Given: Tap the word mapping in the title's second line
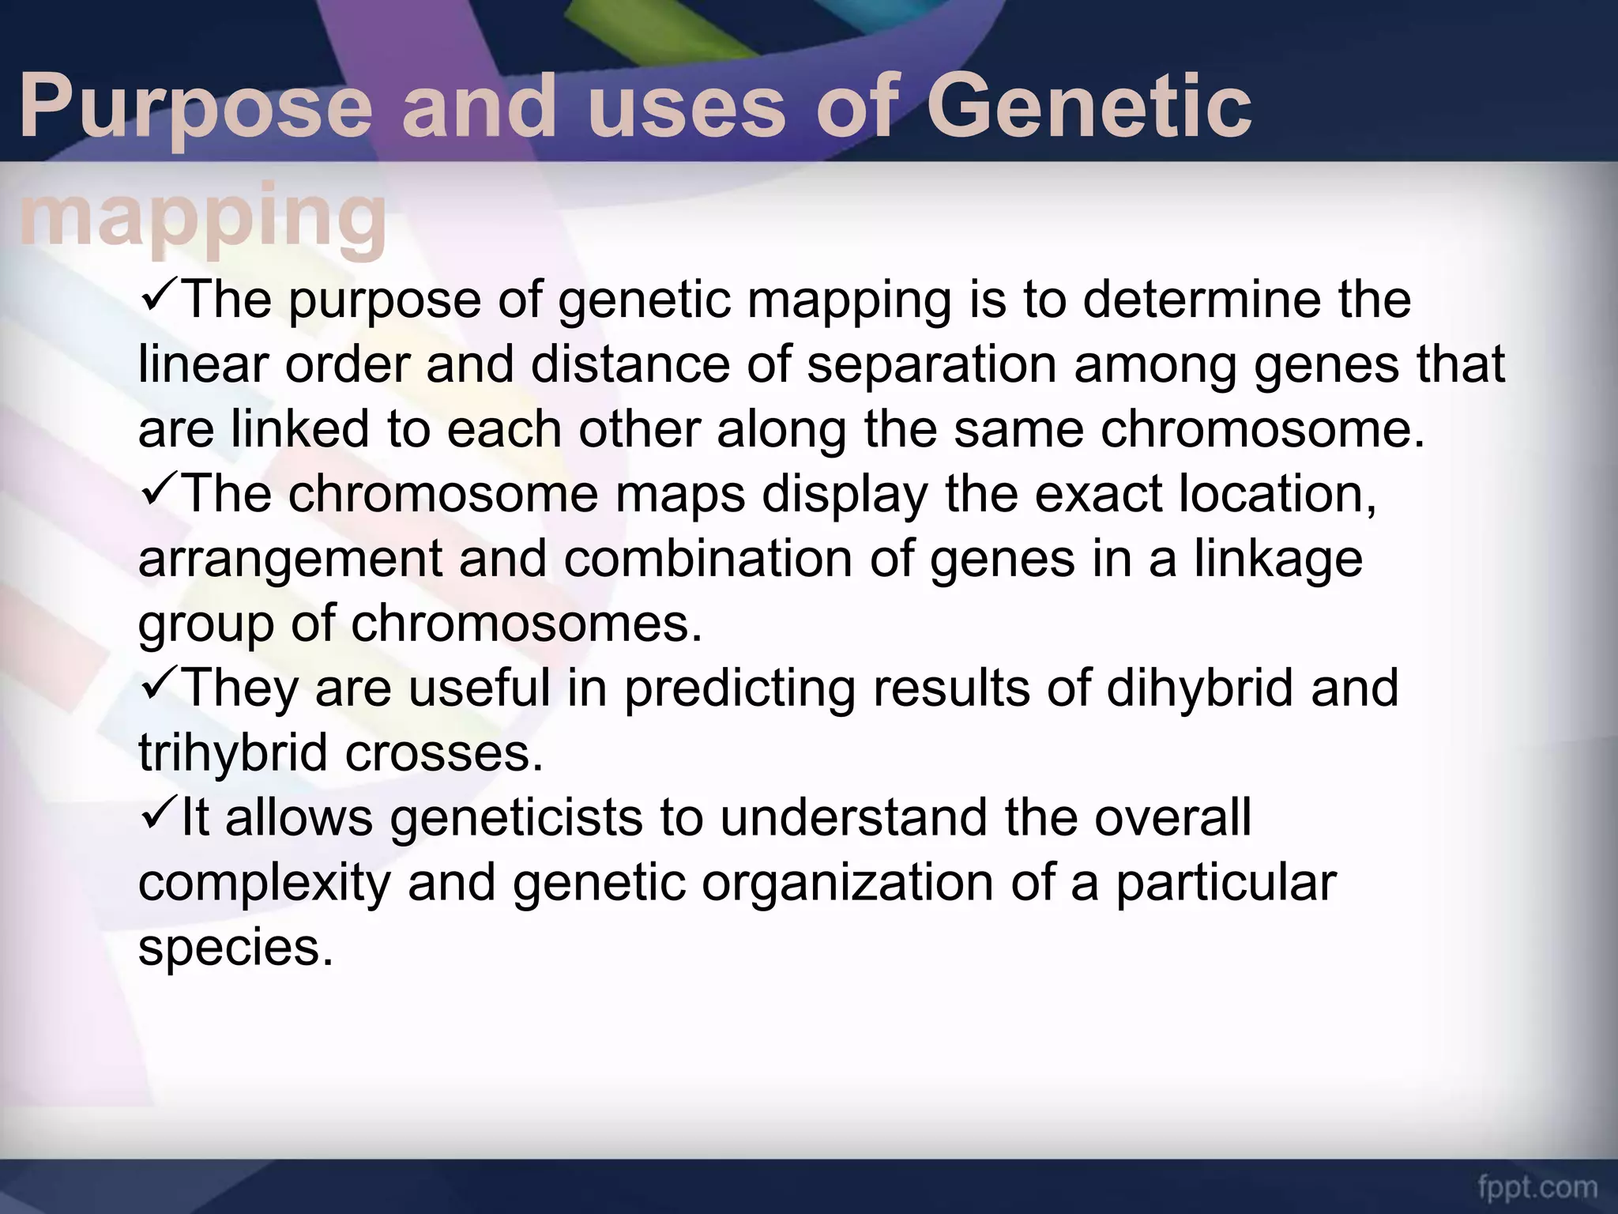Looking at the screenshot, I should coord(203,215).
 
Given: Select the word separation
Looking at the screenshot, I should coord(931,365).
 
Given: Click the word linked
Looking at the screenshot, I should coord(300,429).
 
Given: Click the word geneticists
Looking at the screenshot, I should coord(516,818).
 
